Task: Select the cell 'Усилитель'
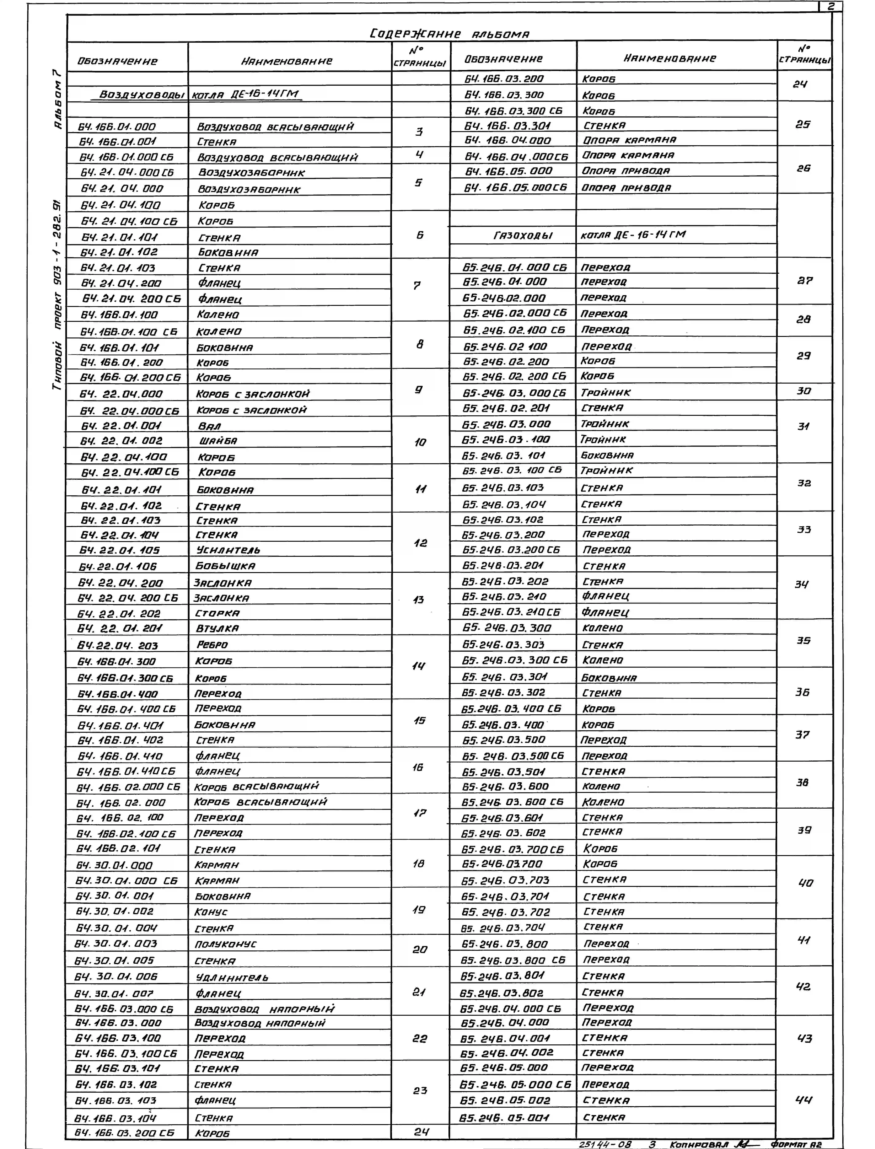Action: pyautogui.click(x=228, y=550)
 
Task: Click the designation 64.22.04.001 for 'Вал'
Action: pyautogui.click(x=121, y=425)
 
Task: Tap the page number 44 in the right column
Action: pyautogui.click(x=804, y=1100)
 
